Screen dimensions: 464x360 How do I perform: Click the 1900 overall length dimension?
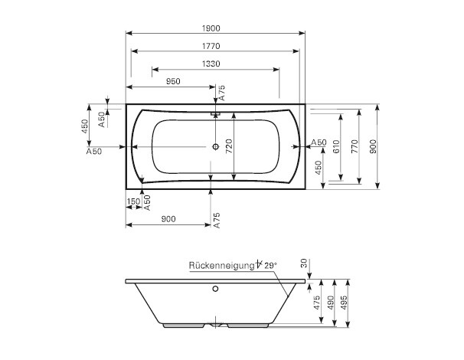click(211, 28)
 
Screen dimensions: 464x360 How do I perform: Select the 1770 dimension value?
click(211, 46)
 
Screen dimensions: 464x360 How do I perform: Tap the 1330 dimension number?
click(211, 64)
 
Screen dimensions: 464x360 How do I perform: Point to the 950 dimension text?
click(173, 81)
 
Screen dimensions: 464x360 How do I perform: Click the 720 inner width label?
click(230, 146)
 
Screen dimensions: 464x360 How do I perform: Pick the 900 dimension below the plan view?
click(168, 219)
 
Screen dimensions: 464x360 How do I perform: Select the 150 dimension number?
click(133, 201)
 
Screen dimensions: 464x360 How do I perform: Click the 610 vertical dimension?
click(336, 146)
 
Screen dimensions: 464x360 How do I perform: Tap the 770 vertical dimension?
click(355, 146)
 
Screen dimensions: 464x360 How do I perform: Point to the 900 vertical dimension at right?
click(373, 146)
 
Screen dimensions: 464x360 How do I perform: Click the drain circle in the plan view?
click(215, 146)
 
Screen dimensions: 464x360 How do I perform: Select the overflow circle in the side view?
click(215, 289)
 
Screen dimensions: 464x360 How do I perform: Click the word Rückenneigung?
click(221, 266)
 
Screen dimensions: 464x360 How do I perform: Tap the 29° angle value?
click(270, 266)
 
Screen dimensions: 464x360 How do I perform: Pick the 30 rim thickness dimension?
click(304, 263)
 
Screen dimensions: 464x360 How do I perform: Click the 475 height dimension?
click(317, 303)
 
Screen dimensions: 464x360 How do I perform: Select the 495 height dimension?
click(344, 303)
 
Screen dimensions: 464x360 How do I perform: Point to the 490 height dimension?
click(331, 303)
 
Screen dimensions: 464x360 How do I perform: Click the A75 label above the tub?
click(221, 93)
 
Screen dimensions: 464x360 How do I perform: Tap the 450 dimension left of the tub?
click(85, 126)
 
